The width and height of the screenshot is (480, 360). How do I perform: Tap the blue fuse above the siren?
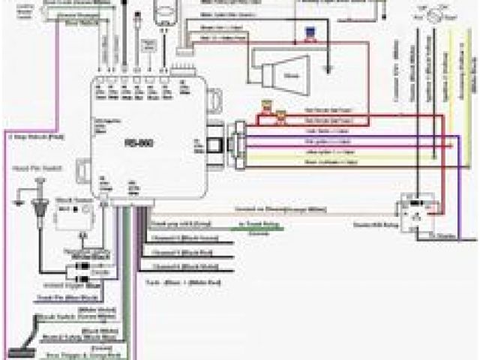308,33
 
